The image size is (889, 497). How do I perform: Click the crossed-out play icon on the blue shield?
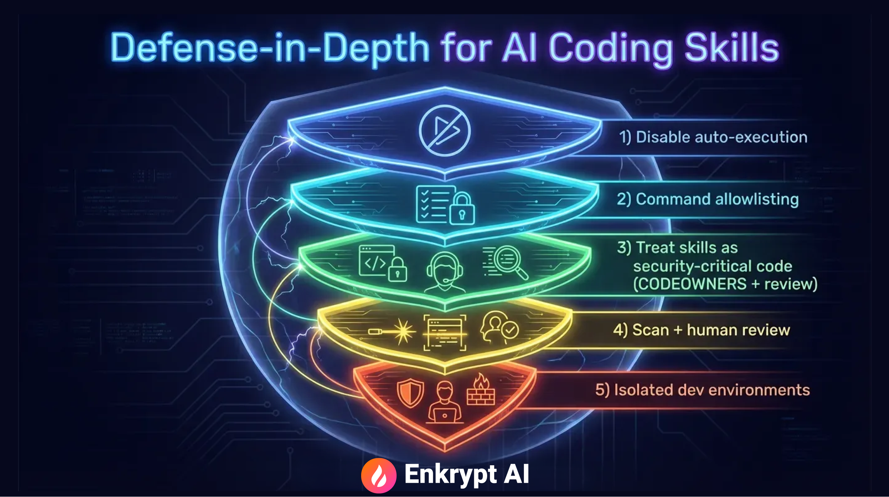[x=444, y=131]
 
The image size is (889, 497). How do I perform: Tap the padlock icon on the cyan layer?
[x=462, y=209]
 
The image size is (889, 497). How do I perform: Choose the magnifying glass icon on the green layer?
[x=507, y=261]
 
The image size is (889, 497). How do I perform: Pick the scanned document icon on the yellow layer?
[x=444, y=333]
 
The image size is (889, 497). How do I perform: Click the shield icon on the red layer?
[x=410, y=393]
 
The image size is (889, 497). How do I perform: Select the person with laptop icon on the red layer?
[x=444, y=402]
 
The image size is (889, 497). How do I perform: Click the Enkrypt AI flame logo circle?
[x=379, y=475]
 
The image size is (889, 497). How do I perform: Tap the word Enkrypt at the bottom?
[x=451, y=475]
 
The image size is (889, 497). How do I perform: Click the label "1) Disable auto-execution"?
[x=713, y=137]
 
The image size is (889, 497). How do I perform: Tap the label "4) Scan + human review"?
[x=701, y=330]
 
